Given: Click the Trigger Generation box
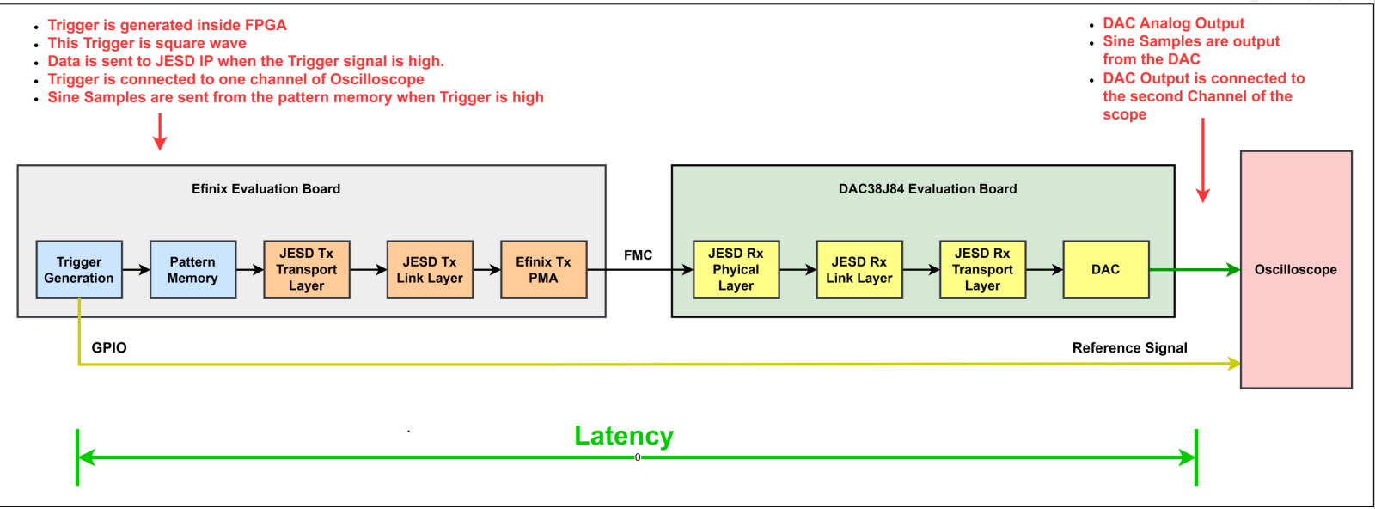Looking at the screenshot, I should pos(79,270).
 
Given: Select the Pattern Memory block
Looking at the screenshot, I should pos(192,270).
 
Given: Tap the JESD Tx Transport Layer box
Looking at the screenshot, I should pos(307,270).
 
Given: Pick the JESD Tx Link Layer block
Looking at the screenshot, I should pos(430,270).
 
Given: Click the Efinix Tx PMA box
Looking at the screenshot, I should pos(543,270).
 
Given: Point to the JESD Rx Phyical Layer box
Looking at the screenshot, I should pos(736,270).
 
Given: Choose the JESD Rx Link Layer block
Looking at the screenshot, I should pos(859,270).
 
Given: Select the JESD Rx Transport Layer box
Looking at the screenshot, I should pos(982,270).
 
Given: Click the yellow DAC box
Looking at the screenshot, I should pos(1106,270).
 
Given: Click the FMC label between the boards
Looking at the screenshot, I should pos(638,255).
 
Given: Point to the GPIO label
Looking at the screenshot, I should pos(109,347).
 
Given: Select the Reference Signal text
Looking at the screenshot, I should pos(1129,347).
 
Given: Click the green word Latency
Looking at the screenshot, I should pos(624,436).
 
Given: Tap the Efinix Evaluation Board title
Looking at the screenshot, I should pos(266,189).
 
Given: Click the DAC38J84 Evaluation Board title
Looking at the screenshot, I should pos(927,189).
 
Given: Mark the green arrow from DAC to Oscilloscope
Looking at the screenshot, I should pos(1195,270).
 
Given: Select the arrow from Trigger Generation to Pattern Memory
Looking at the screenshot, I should pos(136,270).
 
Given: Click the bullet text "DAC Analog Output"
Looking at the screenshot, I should pos(1173,23).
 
